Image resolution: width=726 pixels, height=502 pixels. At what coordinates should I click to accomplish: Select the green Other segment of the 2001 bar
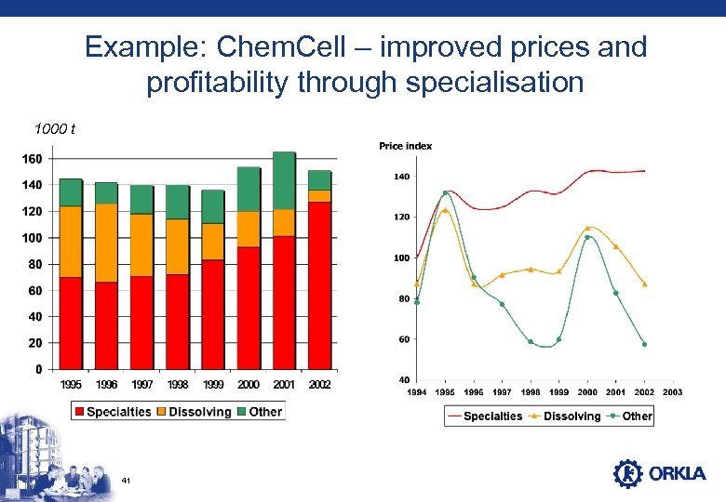284,180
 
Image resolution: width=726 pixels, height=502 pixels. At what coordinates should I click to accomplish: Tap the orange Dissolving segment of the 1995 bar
71,242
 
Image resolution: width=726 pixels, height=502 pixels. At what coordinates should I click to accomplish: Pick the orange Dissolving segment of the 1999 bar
213,242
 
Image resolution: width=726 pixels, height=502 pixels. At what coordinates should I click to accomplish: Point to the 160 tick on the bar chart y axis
31,159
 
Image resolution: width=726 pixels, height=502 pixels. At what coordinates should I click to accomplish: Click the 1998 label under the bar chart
178,384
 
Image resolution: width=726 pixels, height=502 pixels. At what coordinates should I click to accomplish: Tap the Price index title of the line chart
405,146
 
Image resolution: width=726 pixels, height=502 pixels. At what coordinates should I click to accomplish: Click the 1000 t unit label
54,129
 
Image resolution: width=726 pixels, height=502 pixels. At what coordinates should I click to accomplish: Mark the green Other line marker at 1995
445,193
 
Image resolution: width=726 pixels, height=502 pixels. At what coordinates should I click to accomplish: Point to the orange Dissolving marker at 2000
587,227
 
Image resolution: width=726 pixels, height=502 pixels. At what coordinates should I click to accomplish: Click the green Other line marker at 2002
644,344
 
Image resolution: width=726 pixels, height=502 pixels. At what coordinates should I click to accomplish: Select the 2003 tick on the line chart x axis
672,392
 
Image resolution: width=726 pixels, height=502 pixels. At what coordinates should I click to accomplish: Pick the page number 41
126,481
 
